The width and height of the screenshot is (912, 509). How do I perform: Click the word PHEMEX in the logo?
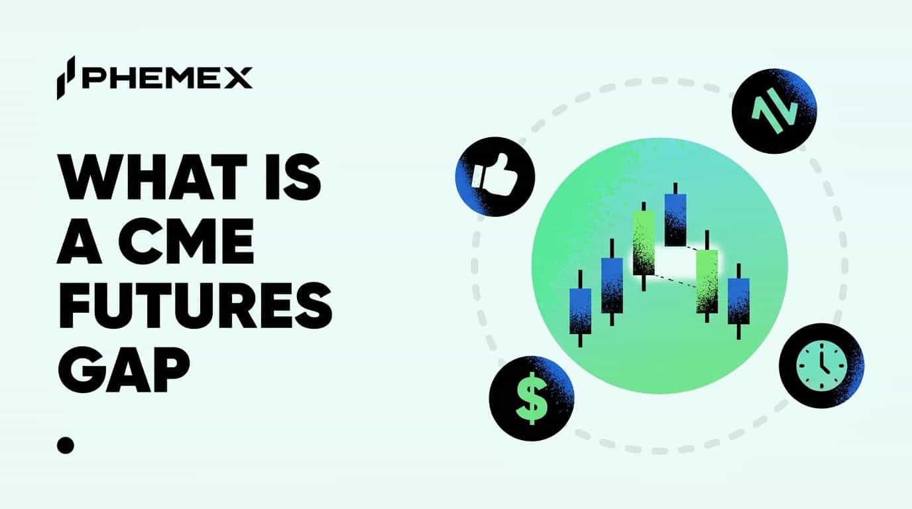coord(167,78)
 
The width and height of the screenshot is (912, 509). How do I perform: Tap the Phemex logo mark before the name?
coord(66,78)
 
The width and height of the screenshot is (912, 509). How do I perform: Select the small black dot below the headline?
coord(65,444)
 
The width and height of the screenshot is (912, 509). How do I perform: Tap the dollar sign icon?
coord(531,402)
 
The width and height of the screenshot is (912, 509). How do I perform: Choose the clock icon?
coord(821,366)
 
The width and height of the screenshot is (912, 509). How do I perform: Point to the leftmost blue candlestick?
coord(581,310)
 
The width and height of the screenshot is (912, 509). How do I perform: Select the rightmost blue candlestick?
coord(738,301)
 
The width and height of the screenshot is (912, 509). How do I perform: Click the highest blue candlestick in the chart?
coord(675,219)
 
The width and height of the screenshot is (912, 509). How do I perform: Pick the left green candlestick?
coord(644,243)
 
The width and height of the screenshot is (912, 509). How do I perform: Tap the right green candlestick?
coord(707,280)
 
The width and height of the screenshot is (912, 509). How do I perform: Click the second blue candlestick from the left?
coord(612,285)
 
